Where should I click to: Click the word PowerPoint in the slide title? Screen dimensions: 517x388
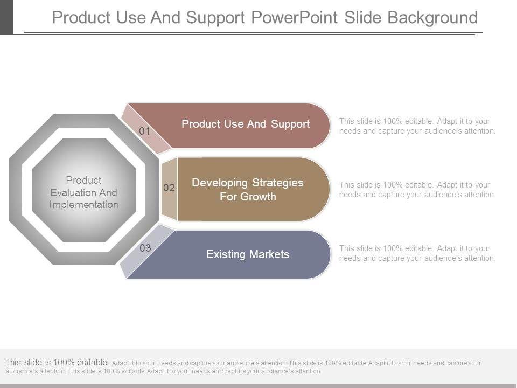[x=295, y=17]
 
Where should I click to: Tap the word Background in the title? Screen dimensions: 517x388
[x=432, y=18]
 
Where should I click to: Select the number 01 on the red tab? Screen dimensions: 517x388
[x=144, y=131]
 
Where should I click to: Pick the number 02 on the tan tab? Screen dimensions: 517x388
[x=169, y=188]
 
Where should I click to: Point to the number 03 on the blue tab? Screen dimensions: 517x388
[x=145, y=248]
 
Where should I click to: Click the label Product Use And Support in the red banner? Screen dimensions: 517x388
[x=246, y=124]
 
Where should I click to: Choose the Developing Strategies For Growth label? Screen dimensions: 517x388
[x=248, y=189]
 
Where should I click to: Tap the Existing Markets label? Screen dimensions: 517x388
[x=248, y=254]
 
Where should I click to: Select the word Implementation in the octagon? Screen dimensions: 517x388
[x=84, y=205]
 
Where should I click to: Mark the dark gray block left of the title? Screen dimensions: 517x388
[x=6, y=17]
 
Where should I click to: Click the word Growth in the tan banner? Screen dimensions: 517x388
[x=258, y=197]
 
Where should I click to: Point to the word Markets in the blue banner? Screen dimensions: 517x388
[x=269, y=254]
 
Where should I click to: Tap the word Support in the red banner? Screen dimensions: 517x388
[x=290, y=124]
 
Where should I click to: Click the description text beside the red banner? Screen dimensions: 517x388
[x=417, y=126]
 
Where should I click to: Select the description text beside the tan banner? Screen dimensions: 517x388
[x=417, y=190]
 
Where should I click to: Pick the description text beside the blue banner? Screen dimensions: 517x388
[x=417, y=253]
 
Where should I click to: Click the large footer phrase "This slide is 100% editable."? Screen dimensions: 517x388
[x=57, y=362]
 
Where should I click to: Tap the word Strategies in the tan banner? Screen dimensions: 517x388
[x=278, y=183]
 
